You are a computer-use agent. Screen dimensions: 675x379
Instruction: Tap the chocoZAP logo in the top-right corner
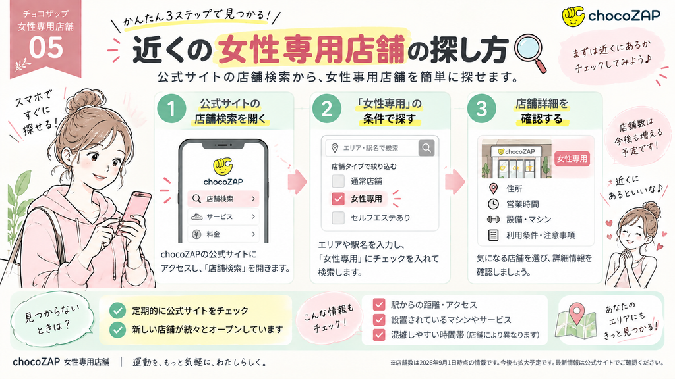pos(611,16)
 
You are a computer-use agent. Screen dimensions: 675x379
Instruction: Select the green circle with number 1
pos(171,109)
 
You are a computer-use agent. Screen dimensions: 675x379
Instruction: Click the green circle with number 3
pos(482,109)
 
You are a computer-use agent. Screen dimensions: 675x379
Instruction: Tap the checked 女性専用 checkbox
pos(338,199)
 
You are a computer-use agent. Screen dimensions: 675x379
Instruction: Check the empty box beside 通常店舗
pos(338,181)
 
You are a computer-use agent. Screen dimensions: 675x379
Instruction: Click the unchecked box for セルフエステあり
pos(338,217)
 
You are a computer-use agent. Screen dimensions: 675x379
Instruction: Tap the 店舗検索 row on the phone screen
pos(223,199)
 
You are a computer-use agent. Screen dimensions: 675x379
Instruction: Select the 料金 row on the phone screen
pos(223,234)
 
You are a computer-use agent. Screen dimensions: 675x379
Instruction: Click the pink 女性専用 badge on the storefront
pos(572,159)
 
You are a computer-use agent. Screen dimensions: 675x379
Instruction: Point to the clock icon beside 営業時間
pos(493,204)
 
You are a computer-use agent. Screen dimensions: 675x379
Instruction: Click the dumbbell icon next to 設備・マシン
pos(493,220)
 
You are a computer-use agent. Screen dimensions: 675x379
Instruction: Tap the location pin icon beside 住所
pos(493,188)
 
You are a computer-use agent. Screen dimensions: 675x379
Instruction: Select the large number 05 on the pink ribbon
pos(45,47)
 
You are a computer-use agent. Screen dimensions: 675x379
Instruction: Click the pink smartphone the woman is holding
pos(136,211)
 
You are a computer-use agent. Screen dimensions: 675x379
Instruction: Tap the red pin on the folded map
pos(576,313)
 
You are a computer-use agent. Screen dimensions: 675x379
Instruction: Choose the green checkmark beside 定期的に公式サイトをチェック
pos(117,311)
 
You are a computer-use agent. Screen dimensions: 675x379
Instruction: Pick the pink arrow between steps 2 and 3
pos(455,182)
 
